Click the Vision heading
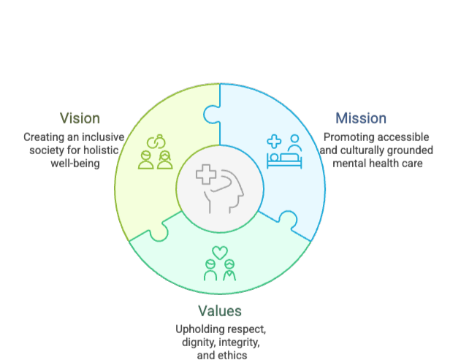(x=80, y=118)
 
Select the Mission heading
(x=361, y=118)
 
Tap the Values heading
(x=220, y=311)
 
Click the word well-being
(x=75, y=164)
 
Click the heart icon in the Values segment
(x=220, y=253)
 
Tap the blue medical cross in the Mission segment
(x=274, y=142)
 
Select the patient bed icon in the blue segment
(x=284, y=161)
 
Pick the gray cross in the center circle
(x=206, y=174)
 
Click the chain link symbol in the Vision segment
(x=156, y=142)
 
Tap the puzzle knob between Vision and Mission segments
(x=212, y=115)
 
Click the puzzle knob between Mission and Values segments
(x=288, y=220)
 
